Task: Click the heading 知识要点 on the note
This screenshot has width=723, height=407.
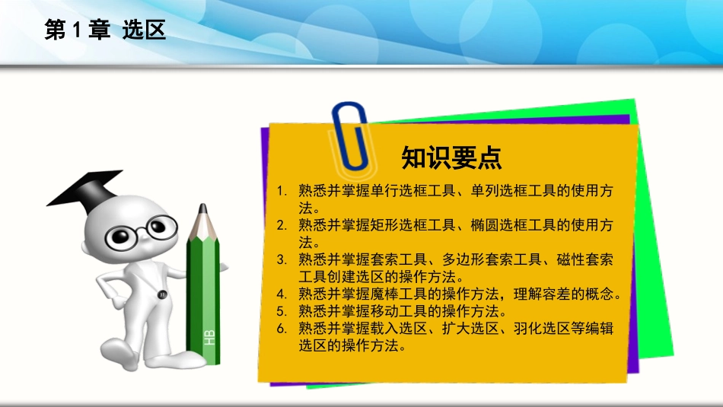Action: click(x=451, y=157)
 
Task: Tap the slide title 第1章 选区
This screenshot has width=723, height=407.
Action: click(x=104, y=30)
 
